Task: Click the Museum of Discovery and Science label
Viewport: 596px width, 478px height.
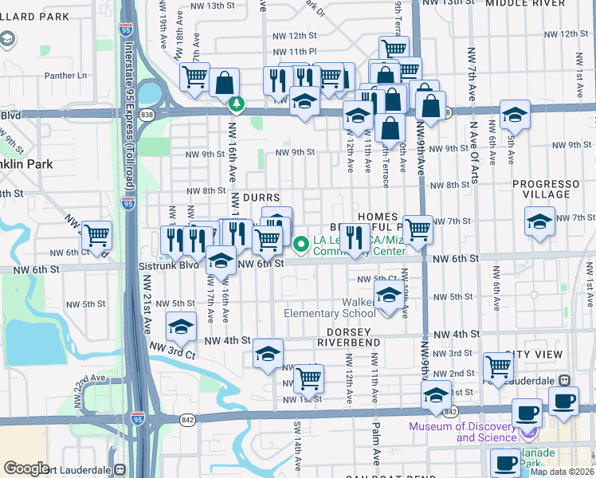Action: (461, 432)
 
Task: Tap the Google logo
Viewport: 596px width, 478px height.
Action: (26, 468)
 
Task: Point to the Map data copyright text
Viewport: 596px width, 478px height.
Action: (563, 472)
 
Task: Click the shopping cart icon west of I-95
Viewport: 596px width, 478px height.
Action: (96, 235)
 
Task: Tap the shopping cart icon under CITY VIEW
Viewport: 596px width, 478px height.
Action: (498, 366)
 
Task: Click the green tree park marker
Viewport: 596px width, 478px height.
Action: (237, 104)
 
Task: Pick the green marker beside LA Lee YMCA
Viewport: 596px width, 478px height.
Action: (301, 244)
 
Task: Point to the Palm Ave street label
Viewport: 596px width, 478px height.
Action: (374, 444)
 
